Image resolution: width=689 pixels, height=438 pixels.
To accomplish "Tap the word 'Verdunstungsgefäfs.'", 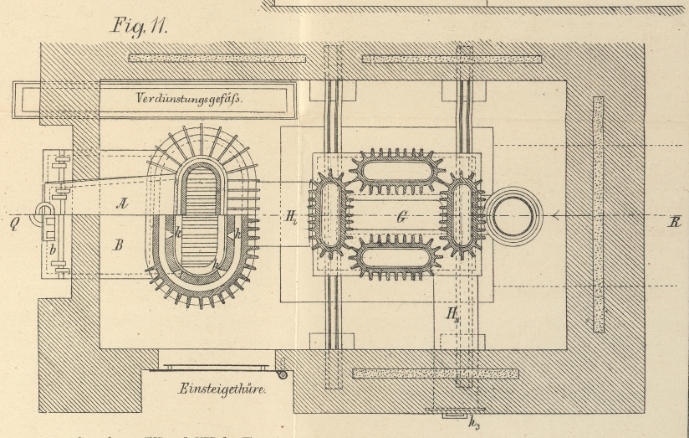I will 189,99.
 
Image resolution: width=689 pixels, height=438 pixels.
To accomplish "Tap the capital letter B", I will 118,245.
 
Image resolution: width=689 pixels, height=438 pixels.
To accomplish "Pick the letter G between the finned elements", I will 402,217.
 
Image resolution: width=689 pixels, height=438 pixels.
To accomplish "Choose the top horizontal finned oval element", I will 397,170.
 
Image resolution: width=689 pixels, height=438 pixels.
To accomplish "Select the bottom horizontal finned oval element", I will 397,256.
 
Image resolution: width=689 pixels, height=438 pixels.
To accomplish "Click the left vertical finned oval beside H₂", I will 329,214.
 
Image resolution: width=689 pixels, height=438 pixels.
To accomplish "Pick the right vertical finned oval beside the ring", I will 462,214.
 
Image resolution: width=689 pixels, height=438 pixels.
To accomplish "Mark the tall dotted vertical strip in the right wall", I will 598,214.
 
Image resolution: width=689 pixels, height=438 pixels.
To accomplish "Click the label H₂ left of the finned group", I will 290,217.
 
